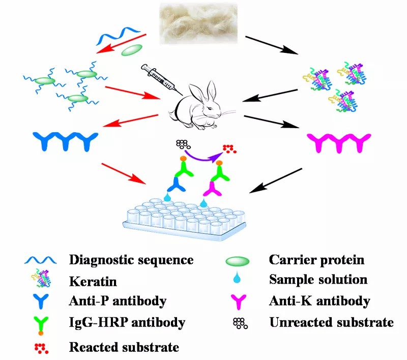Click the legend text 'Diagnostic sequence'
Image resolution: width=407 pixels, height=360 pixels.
point(131,260)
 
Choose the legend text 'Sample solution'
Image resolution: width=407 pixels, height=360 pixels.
point(318,280)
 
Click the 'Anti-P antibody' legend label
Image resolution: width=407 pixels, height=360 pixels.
point(118,301)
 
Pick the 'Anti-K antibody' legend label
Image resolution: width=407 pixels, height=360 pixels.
point(319,301)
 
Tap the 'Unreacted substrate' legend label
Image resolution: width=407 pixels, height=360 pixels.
point(331,322)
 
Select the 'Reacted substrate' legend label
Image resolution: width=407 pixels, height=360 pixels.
point(124,348)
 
